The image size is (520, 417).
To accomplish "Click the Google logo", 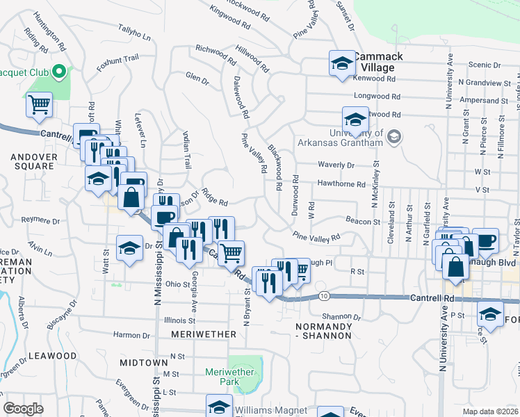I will pyautogui.click(x=23, y=409).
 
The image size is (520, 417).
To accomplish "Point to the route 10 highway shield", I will pyautogui.click(x=325, y=296).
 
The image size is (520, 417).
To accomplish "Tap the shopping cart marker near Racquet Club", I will pyautogui.click(x=40, y=105).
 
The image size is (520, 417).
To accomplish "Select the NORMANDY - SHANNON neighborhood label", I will pyautogui.click(x=323, y=331).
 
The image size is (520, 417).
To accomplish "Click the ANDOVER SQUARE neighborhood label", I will pyautogui.click(x=33, y=162).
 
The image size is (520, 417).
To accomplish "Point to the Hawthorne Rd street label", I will pyautogui.click(x=341, y=184).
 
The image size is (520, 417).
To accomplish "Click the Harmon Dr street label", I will pyautogui.click(x=131, y=335).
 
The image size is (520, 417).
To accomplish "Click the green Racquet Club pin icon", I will pyautogui.click(x=59, y=70).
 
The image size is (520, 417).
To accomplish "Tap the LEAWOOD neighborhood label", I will pyautogui.click(x=54, y=355).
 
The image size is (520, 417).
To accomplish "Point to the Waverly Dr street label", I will pyautogui.click(x=336, y=165).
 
